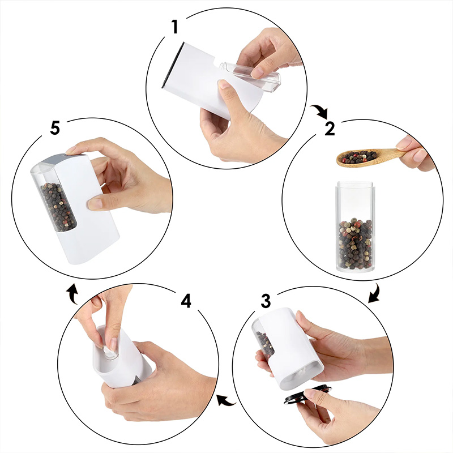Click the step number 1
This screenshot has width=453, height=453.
coord(174,27)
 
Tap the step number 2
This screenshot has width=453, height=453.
coord(330,129)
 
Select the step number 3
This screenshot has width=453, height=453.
coord(266,301)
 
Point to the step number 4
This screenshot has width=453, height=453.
coord(186,301)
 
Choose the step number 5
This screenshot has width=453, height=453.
coord(55,128)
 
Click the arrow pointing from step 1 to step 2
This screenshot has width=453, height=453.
coord(320,111)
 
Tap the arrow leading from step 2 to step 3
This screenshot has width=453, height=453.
coord(374,294)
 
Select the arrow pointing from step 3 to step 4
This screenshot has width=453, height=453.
coord(226,400)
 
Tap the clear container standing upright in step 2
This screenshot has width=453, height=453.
coord(356,226)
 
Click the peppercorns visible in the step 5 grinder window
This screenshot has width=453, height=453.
coord(58,206)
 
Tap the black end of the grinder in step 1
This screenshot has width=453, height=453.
coord(172,65)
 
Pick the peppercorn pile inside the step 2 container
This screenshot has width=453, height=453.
coord(356,244)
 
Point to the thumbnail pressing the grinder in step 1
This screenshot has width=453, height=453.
coord(223,84)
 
